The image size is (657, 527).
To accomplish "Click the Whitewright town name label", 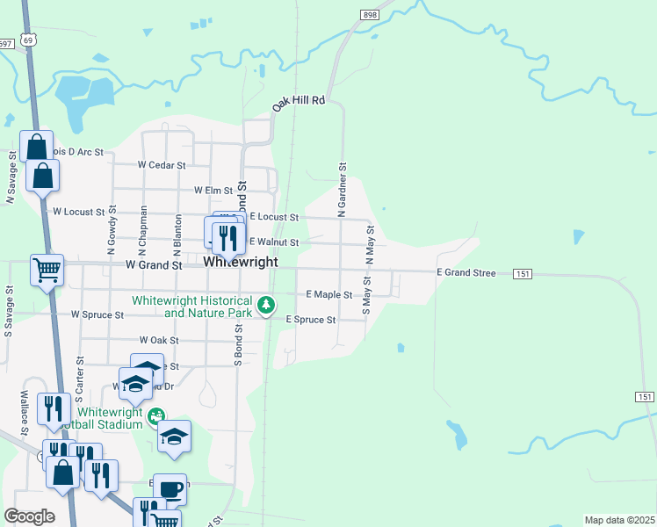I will tap(241, 262).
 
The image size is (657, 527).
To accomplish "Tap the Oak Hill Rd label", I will tap(299, 102).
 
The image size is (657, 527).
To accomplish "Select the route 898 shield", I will tap(369, 16).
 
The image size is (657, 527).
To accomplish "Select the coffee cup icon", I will tap(170, 488).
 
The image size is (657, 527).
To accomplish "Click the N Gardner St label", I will tap(343, 189).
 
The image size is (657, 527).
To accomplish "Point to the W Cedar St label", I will tap(162, 165).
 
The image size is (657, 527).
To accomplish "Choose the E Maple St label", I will tap(328, 295).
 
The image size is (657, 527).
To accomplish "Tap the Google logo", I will tap(29, 516).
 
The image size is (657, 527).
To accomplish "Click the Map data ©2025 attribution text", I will tap(618, 520).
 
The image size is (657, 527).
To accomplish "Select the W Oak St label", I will tap(158, 340).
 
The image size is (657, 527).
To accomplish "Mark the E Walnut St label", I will tap(274, 242).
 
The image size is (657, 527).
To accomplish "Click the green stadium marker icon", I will tap(156, 415).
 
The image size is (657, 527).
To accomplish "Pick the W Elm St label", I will tap(213, 190).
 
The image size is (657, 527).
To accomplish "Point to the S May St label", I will tap(366, 294).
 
